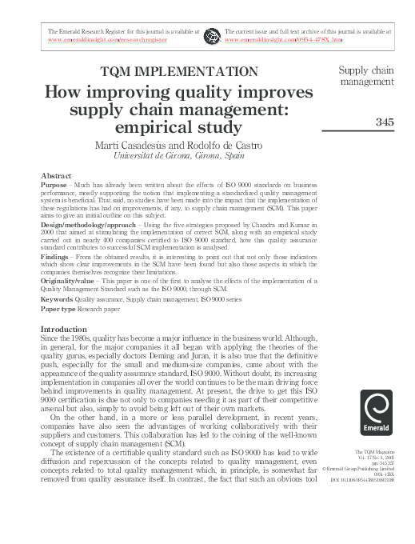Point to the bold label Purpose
click(x=54, y=183)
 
